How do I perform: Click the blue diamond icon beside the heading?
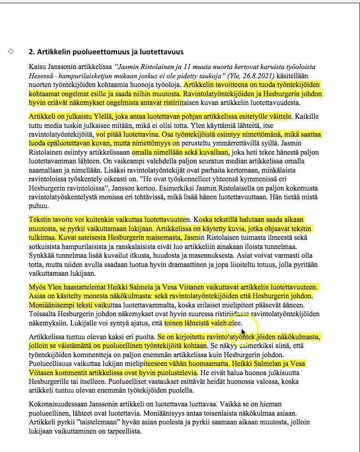click(11, 51)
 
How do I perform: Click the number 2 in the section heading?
click(31, 52)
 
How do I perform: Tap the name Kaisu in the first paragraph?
click(37, 67)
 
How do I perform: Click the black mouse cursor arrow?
click(243, 332)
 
